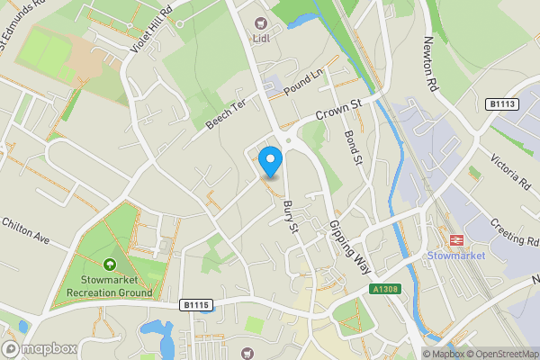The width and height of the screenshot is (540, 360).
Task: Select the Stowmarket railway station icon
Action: coord(454,240)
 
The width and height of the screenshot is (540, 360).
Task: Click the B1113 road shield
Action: coord(503,104)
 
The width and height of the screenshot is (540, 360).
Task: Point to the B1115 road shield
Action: coord(195,305)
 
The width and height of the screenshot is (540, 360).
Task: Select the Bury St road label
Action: coord(290,216)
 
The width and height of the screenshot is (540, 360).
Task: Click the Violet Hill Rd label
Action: coord(151,31)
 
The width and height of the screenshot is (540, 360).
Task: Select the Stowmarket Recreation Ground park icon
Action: coord(110,265)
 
